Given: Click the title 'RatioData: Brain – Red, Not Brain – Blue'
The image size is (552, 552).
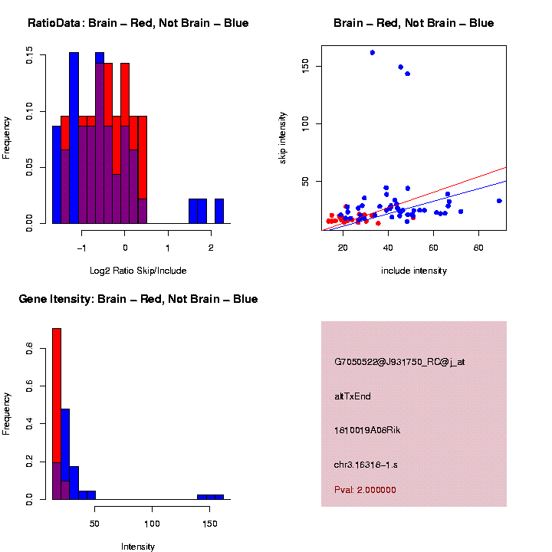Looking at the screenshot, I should [x=138, y=23].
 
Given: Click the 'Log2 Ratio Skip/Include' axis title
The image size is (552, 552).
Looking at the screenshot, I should [x=138, y=271].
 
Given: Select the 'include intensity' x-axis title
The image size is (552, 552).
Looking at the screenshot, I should [x=414, y=271].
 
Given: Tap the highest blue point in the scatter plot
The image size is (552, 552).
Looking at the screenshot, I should [x=372, y=52].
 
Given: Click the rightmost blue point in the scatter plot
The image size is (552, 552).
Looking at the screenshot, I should [x=499, y=201].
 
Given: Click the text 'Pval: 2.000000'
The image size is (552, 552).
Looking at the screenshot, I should [x=365, y=490].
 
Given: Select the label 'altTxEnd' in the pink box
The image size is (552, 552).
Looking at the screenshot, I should [x=353, y=396].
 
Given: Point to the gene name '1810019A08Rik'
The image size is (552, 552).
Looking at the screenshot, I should [x=367, y=430].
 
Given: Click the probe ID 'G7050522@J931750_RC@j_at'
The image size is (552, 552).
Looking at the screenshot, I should [x=399, y=362].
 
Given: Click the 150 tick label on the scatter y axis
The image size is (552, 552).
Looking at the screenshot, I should [x=305, y=66].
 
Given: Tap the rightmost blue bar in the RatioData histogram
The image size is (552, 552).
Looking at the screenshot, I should [x=219, y=211].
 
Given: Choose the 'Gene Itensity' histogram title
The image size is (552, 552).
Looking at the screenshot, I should [x=138, y=299].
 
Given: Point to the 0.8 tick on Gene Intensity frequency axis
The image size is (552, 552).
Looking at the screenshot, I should [x=29, y=349].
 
